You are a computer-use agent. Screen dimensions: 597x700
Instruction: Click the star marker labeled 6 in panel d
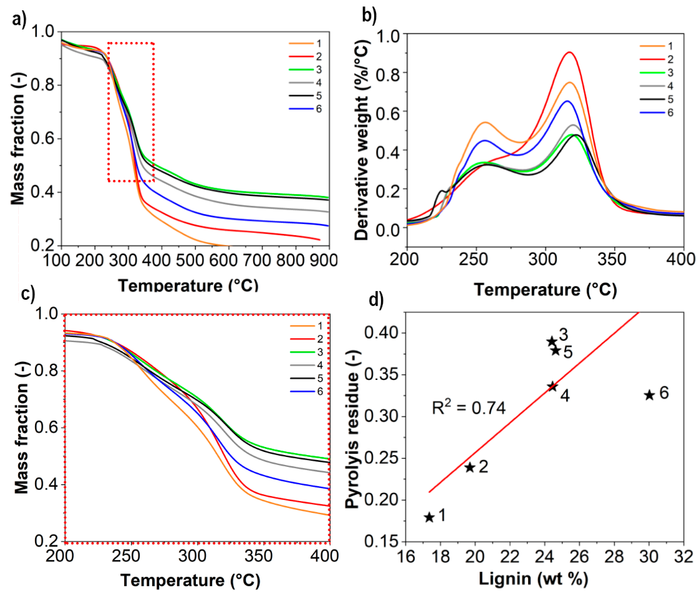(649, 395)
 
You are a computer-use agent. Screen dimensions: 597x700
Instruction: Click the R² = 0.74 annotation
(469, 408)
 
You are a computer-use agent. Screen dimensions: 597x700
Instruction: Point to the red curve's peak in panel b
(569, 52)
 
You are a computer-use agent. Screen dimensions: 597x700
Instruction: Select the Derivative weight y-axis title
(361, 140)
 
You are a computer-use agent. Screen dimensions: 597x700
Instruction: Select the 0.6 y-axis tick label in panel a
(42, 138)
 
